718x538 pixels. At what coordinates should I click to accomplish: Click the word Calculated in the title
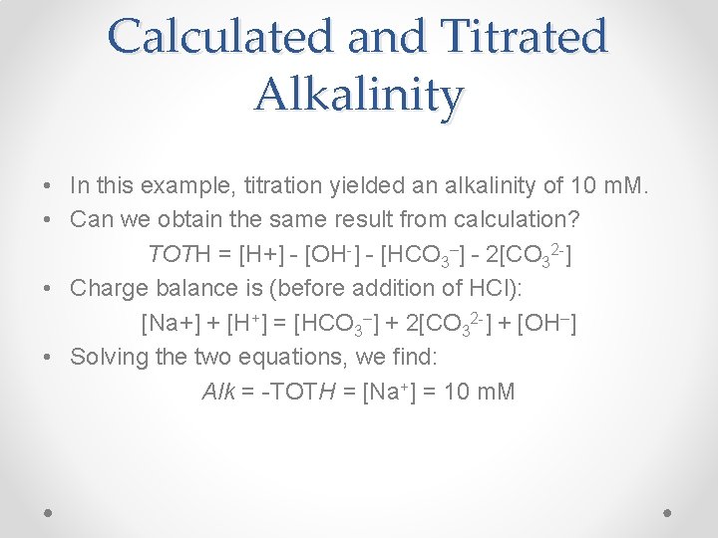tap(220, 37)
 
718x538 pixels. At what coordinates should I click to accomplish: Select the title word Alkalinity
tap(359, 95)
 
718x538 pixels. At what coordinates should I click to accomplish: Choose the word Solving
tap(110, 356)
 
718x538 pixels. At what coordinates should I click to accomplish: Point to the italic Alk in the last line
tap(218, 391)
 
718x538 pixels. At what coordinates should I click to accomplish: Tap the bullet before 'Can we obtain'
tap(47, 220)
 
